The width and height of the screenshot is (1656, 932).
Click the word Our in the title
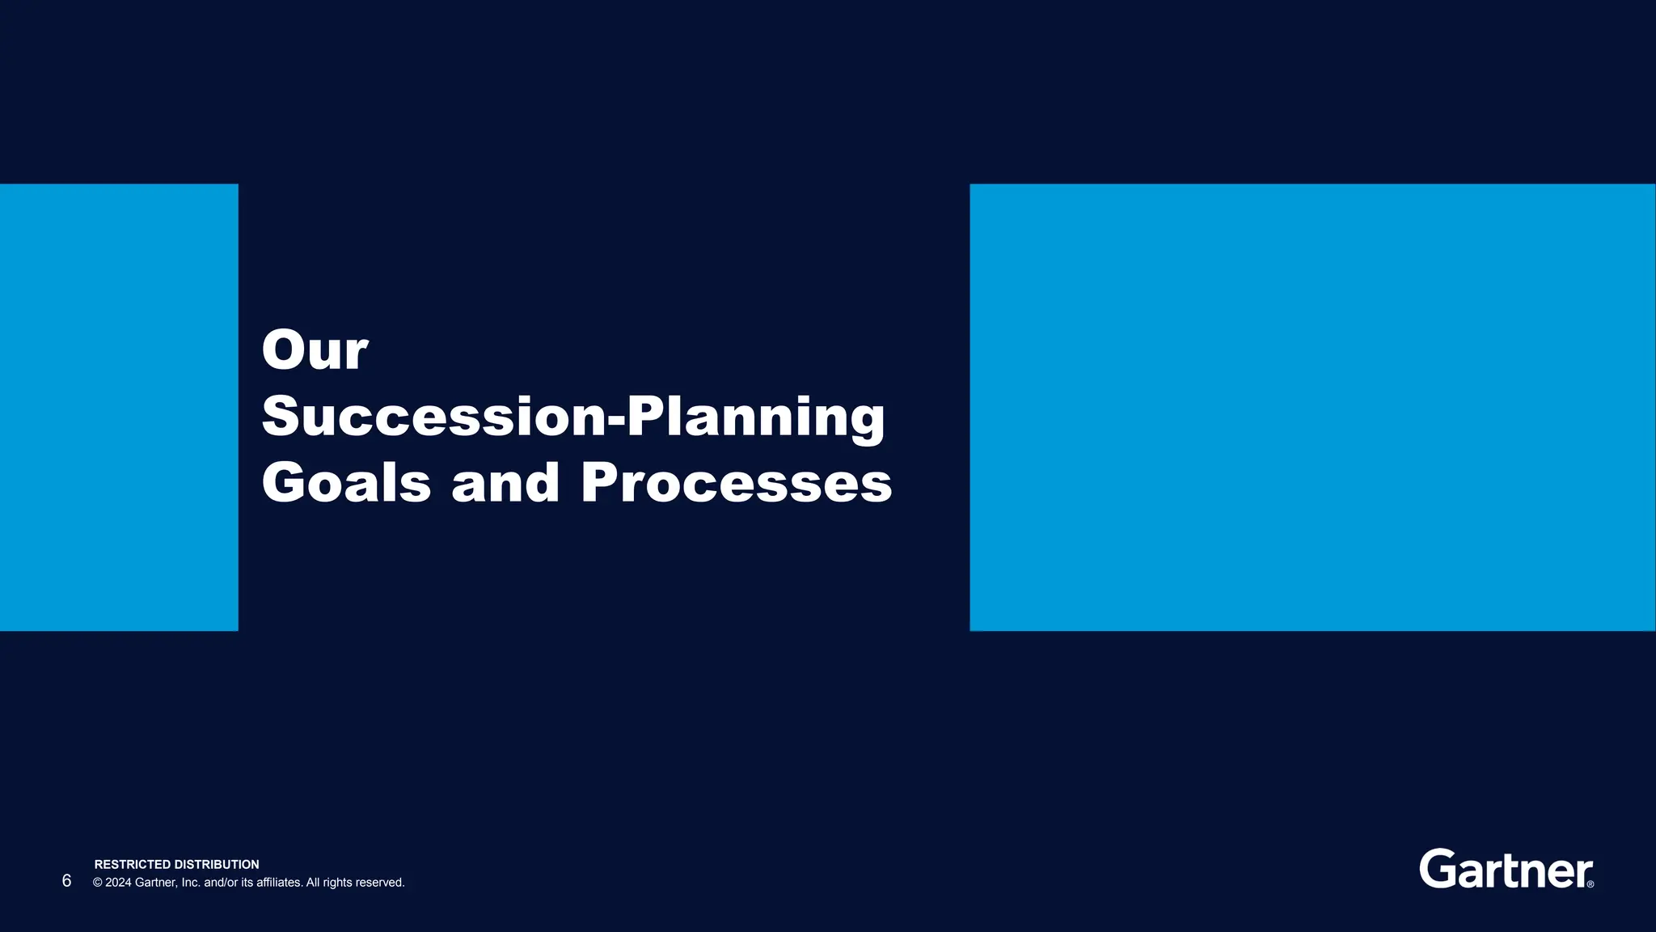click(315, 351)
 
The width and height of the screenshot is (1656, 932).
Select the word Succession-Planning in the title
click(573, 417)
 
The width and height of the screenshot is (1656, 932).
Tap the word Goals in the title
click(346, 483)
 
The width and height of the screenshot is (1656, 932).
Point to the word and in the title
click(505, 483)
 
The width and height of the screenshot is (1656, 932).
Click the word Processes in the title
click(737, 483)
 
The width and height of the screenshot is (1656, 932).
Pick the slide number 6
click(66, 881)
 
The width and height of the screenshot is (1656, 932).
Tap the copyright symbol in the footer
click(98, 883)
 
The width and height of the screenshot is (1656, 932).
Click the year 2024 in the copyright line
click(118, 883)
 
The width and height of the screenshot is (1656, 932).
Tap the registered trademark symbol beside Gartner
click(1591, 884)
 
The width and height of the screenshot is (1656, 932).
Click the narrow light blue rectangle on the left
click(119, 407)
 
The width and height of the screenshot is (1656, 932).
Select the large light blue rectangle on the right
click(1312, 407)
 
